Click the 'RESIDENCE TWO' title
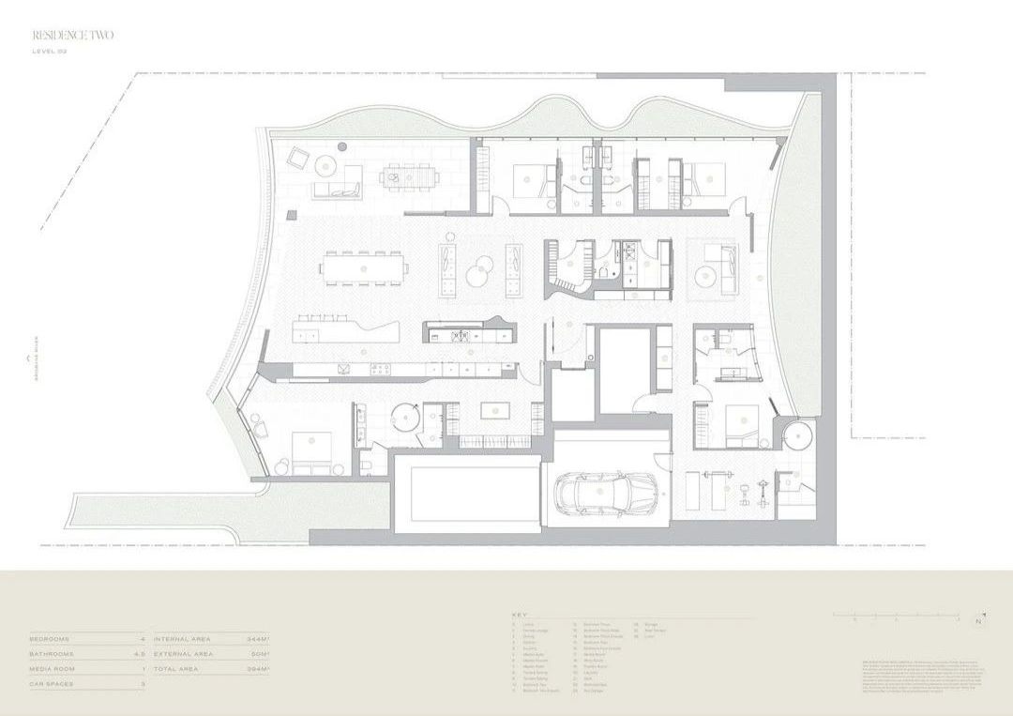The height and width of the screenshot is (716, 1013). pos(73,36)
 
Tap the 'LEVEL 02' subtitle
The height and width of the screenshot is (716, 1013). pos(50,52)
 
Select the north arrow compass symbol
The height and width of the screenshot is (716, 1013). pos(979,620)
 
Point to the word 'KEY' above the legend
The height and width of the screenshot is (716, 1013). pos(520,614)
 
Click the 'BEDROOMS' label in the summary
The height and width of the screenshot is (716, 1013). pos(50,639)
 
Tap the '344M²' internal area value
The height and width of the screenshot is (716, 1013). pos(258,639)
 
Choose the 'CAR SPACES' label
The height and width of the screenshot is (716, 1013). pos(53,684)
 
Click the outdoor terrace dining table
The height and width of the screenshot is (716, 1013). pos(409,175)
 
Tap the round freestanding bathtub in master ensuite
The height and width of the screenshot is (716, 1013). pos(405,416)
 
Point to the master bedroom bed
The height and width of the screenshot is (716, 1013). pos(311,451)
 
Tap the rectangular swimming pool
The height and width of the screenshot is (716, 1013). pos(467,494)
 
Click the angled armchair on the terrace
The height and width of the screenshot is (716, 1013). pos(298,159)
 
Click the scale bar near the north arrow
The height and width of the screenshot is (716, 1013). pos(896,617)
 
